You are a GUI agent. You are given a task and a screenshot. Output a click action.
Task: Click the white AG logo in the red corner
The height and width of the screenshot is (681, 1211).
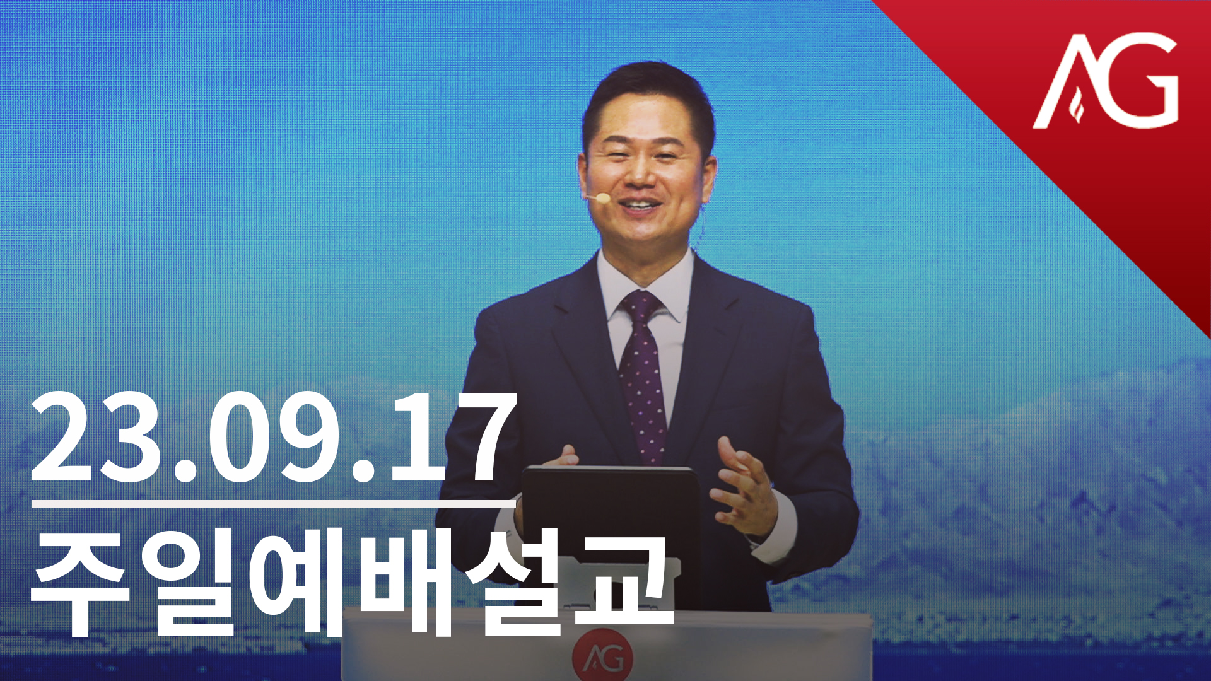point(1106,81)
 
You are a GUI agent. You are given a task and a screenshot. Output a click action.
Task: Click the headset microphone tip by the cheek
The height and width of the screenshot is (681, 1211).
point(603,199)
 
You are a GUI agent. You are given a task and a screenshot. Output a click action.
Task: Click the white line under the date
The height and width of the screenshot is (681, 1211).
point(274,504)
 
